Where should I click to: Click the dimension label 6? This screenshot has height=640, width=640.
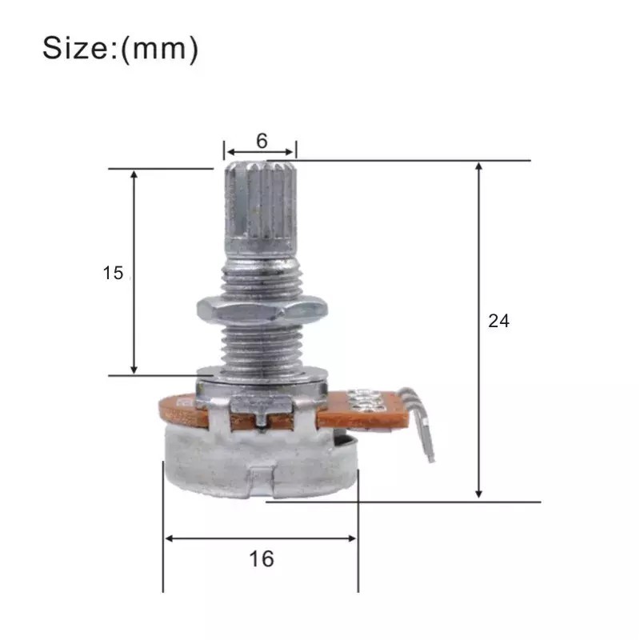tap(262, 140)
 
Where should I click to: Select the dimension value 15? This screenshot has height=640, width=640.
tap(113, 273)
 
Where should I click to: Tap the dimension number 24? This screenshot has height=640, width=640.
tap(498, 321)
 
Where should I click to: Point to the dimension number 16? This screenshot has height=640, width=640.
tap(261, 558)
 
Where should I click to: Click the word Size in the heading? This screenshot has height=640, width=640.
tap(78, 49)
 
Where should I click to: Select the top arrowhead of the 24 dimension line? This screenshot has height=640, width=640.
tap(479, 166)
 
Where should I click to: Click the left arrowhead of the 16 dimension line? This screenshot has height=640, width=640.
tap(169, 538)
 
